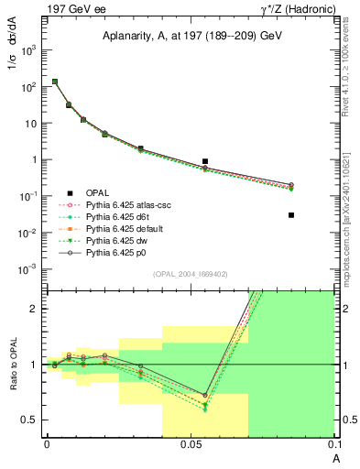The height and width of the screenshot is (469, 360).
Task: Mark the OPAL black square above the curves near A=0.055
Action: pos(205,161)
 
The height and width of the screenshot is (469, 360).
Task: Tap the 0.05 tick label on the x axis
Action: pos(190,444)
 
